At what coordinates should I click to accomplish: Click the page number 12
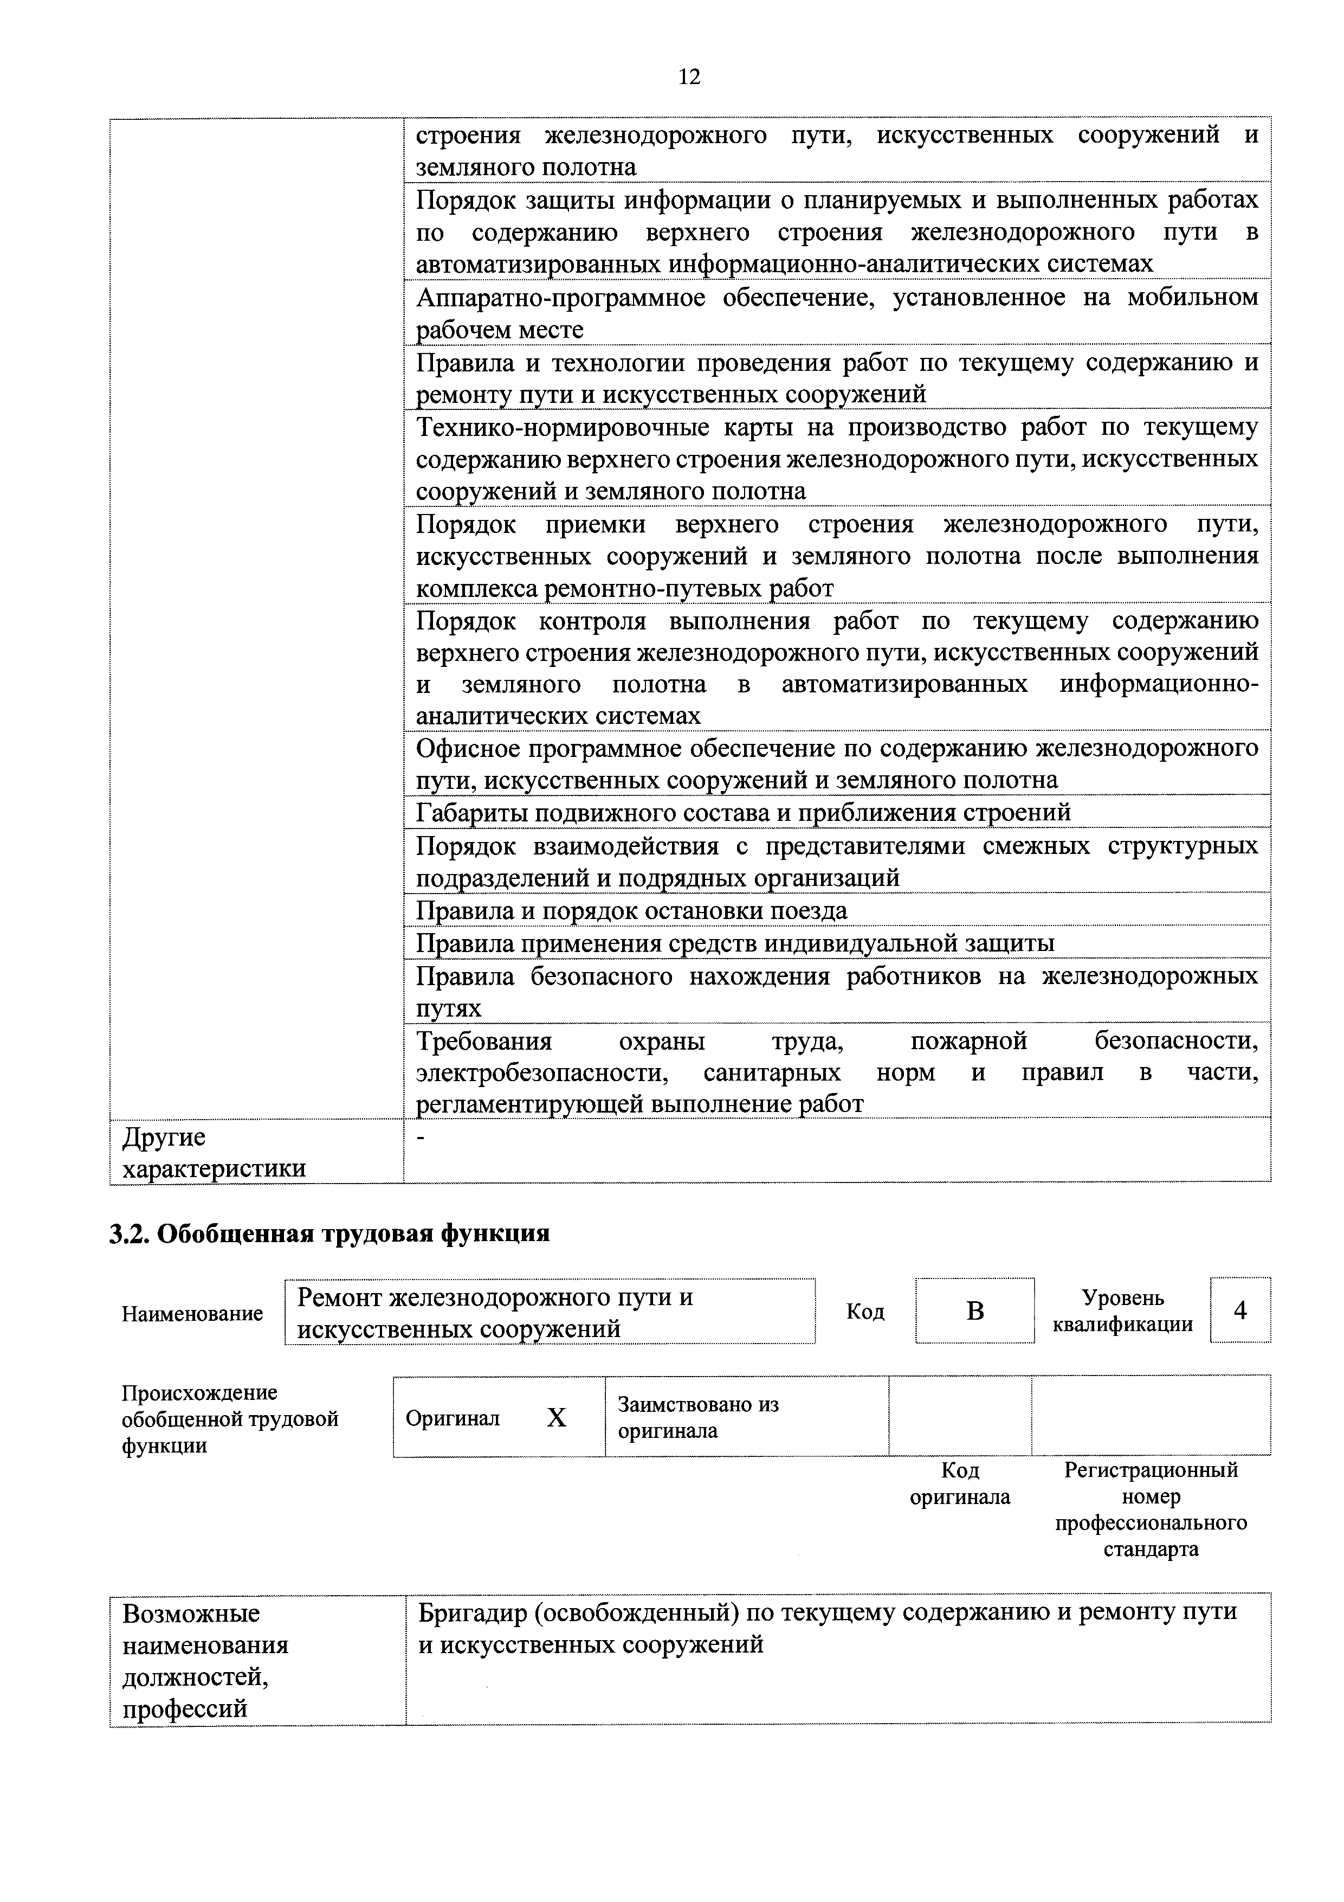click(x=688, y=77)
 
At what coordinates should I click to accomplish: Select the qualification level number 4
click(x=1239, y=1310)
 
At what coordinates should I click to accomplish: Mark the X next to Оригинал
click(x=557, y=1418)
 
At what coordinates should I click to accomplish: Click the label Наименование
click(x=192, y=1314)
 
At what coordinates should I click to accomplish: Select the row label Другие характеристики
click(x=214, y=1152)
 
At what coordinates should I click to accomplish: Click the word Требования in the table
click(x=483, y=1040)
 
